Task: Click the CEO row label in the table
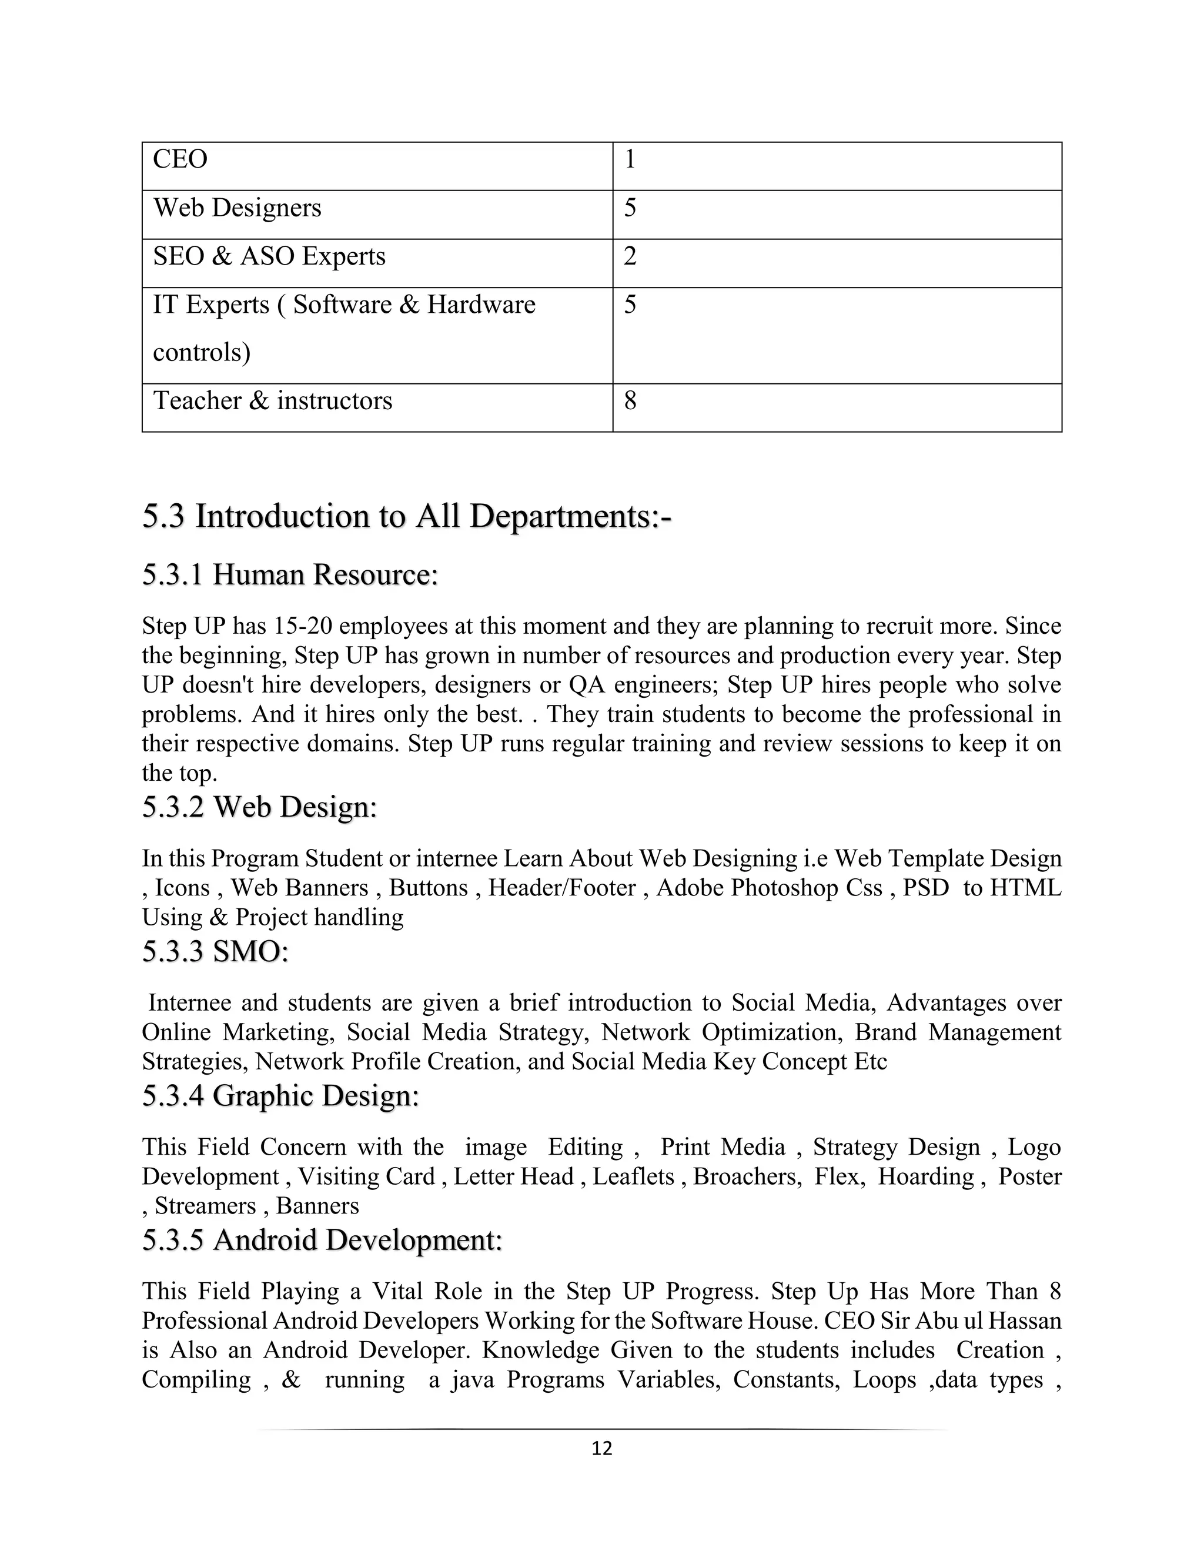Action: click(x=180, y=159)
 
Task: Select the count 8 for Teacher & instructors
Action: click(x=630, y=401)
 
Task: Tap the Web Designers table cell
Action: click(x=237, y=208)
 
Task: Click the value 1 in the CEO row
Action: click(x=630, y=159)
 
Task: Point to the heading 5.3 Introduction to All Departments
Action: click(x=407, y=516)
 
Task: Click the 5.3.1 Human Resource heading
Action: click(x=290, y=574)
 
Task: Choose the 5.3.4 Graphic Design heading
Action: click(x=280, y=1096)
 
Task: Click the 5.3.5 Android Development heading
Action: click(x=322, y=1240)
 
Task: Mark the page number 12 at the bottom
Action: click(x=602, y=1448)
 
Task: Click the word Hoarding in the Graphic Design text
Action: click(x=925, y=1176)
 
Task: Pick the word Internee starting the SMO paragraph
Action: click(x=189, y=1003)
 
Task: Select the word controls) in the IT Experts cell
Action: click(x=202, y=352)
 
